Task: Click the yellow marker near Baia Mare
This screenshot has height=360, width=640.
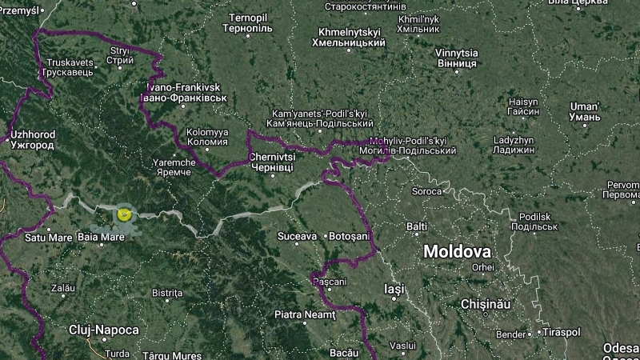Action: [124, 213]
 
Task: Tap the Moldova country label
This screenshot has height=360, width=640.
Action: [457, 251]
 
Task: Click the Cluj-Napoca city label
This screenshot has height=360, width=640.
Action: [103, 330]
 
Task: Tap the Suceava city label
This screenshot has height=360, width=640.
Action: [297, 236]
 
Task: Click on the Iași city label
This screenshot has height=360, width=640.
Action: [394, 288]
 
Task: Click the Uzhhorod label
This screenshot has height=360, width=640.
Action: [32, 142]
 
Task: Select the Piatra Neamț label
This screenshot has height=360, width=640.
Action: [305, 314]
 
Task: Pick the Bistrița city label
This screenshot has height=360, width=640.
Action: [167, 293]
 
